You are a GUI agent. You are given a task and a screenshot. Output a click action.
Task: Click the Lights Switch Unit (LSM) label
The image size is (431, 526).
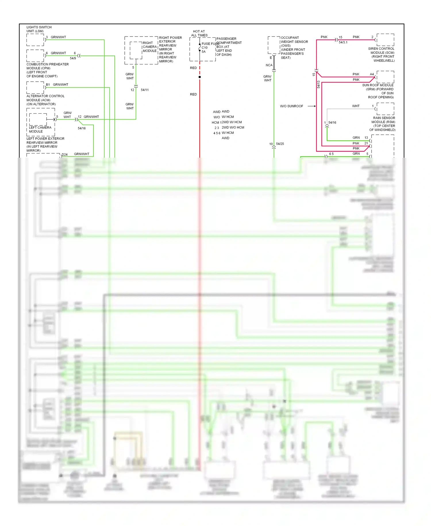[x=39, y=29]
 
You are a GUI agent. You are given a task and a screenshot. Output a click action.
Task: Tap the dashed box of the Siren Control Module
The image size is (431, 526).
[x=385, y=40]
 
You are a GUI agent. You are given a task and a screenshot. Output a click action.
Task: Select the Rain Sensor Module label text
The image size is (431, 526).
[x=382, y=124]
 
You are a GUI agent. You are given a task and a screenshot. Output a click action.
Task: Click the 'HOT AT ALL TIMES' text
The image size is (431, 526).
[x=199, y=33]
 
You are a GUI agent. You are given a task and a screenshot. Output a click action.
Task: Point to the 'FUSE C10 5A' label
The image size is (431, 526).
[x=205, y=48]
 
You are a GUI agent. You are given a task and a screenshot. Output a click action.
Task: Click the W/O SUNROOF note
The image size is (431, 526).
[x=291, y=106]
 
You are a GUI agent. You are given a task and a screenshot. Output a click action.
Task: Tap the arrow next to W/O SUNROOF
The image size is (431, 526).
[x=312, y=106]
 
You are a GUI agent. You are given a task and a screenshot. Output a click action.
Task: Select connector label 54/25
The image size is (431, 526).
[x=280, y=144]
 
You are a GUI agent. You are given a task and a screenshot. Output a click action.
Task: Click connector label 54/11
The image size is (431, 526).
[x=145, y=90]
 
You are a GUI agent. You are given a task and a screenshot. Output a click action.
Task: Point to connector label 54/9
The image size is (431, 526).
[x=73, y=58]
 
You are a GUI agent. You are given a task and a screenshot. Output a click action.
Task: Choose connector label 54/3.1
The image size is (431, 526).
[x=343, y=42]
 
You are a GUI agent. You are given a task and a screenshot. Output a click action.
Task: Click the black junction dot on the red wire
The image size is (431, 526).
[x=200, y=77]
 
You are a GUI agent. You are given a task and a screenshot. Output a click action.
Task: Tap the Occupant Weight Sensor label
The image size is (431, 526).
[x=294, y=47]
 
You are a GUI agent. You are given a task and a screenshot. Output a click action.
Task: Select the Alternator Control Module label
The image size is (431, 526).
[x=45, y=100]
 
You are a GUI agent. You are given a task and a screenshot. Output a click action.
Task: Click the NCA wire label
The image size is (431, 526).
[x=269, y=65]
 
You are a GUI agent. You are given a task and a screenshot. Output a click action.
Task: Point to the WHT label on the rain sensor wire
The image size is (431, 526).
[x=356, y=106]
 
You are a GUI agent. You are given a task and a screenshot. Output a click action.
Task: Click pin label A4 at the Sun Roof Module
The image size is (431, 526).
[x=372, y=74]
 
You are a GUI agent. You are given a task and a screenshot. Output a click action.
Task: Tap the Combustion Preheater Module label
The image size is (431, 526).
[x=47, y=70]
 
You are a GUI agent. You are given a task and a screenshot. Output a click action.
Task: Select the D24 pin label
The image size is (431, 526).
[x=65, y=155]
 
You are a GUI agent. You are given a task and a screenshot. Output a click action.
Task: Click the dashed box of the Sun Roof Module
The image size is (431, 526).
[x=385, y=77]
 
